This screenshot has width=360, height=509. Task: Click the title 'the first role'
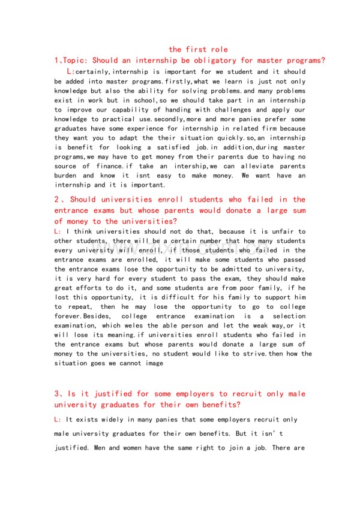pyautogui.click(x=199, y=49)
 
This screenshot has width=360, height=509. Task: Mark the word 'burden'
pyautogui.click(x=66, y=176)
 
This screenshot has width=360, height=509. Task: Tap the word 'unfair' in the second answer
pyautogui.click(x=276, y=231)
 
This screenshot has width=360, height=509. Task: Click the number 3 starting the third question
pyautogui.click(x=56, y=394)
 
